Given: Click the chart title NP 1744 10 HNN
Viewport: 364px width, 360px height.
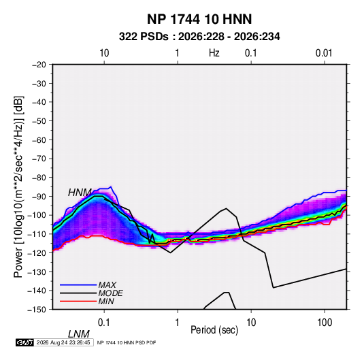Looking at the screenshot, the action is (199, 19).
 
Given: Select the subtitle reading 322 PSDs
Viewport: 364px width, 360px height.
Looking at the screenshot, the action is (144, 37).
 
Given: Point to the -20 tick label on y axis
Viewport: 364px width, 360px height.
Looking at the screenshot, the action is (39, 65).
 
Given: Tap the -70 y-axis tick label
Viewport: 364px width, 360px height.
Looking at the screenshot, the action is (39, 159).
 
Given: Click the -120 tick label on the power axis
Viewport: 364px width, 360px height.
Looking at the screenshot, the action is (37, 252).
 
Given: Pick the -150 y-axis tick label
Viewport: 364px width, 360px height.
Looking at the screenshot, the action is (37, 310).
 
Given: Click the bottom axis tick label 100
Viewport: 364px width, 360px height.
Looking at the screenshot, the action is (325, 323).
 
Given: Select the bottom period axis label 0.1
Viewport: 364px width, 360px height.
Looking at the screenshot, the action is (104, 323).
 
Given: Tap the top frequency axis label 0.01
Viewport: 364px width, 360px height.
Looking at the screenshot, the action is (324, 53).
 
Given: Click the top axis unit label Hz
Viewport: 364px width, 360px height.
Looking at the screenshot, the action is (214, 53).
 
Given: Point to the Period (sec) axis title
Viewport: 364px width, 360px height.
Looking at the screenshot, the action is (214, 330).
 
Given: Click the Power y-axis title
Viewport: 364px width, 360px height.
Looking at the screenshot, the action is (18, 187).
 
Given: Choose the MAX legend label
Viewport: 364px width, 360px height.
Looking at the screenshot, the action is (107, 285).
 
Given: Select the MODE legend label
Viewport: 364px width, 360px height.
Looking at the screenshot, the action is (110, 293).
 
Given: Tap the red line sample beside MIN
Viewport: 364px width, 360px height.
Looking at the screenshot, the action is (78, 301).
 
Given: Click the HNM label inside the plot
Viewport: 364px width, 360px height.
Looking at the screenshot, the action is (80, 193).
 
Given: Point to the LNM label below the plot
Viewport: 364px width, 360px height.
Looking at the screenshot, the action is (79, 334).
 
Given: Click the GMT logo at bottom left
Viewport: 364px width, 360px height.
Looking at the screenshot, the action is (25, 342).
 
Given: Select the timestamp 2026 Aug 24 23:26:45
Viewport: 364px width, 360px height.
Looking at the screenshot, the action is (63, 342).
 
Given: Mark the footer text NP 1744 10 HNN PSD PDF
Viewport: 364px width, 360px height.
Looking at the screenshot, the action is (127, 342).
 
